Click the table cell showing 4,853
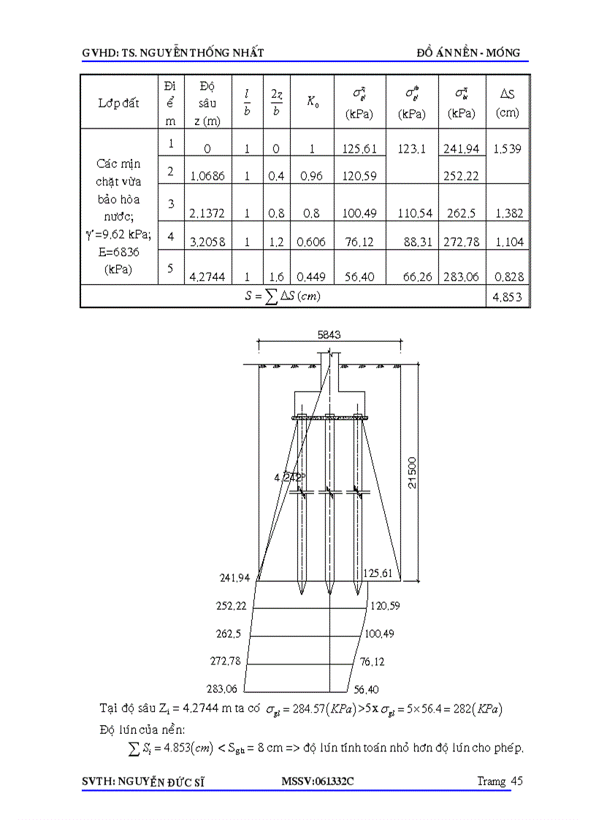point(508,296)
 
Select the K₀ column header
point(312,103)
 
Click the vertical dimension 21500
point(413,473)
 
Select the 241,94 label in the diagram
point(234,578)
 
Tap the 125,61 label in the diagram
point(378,573)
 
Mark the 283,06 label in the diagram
point(225,689)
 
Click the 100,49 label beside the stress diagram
point(379,633)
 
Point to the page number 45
point(517,781)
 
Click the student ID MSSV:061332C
point(317,781)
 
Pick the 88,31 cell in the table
point(417,242)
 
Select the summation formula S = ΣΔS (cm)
point(283,296)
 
